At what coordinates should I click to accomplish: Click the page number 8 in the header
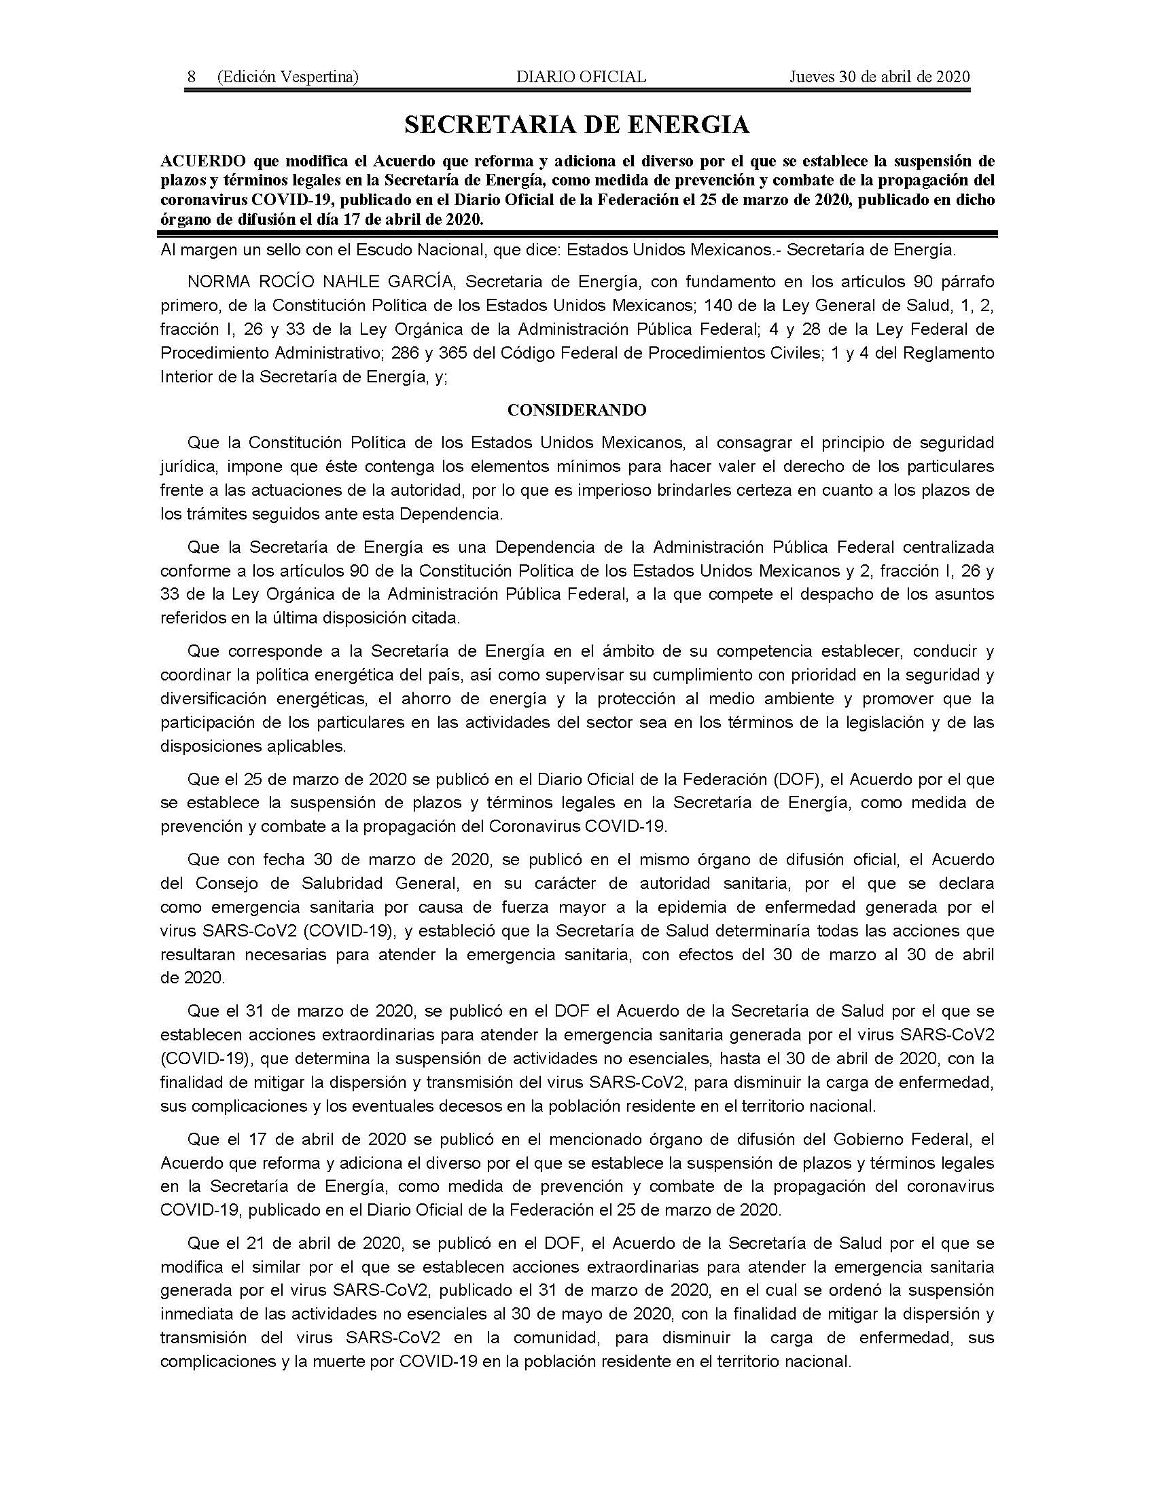(x=192, y=77)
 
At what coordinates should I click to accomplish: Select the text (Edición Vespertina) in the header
(x=287, y=77)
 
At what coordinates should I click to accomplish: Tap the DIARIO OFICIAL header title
(x=581, y=77)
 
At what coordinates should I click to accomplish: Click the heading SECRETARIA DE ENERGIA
(x=577, y=124)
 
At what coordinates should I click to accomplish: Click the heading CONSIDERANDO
(x=577, y=409)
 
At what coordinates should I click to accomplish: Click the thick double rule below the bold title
(x=577, y=234)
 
